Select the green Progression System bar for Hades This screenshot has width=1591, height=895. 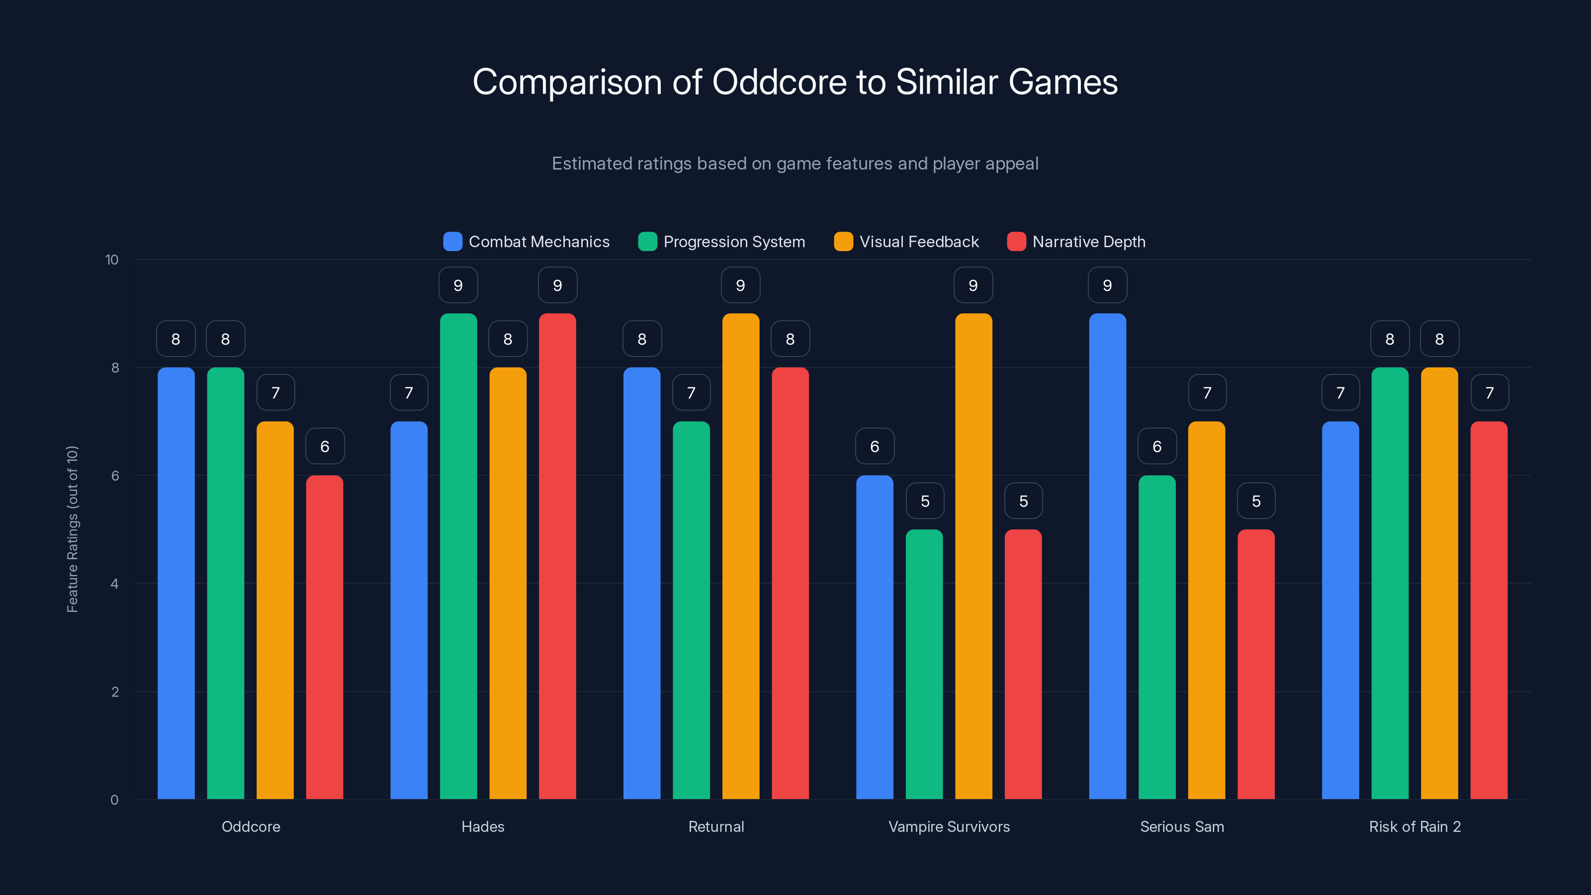458,556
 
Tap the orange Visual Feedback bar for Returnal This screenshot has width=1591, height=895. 740,556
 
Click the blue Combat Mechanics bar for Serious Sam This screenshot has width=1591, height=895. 1107,556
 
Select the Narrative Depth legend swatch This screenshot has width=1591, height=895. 1016,242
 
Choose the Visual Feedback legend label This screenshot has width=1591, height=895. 918,242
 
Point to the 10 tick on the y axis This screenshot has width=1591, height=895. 112,260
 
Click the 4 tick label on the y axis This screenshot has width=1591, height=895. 114,584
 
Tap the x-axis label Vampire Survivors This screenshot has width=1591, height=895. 949,826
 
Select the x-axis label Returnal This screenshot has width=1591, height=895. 716,826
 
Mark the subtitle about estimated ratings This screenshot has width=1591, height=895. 795,164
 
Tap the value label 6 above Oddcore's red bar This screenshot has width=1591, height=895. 325,447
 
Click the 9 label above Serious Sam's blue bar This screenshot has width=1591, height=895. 1107,285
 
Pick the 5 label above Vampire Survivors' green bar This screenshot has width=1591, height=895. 925,501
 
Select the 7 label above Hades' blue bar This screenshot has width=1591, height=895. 409,393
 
